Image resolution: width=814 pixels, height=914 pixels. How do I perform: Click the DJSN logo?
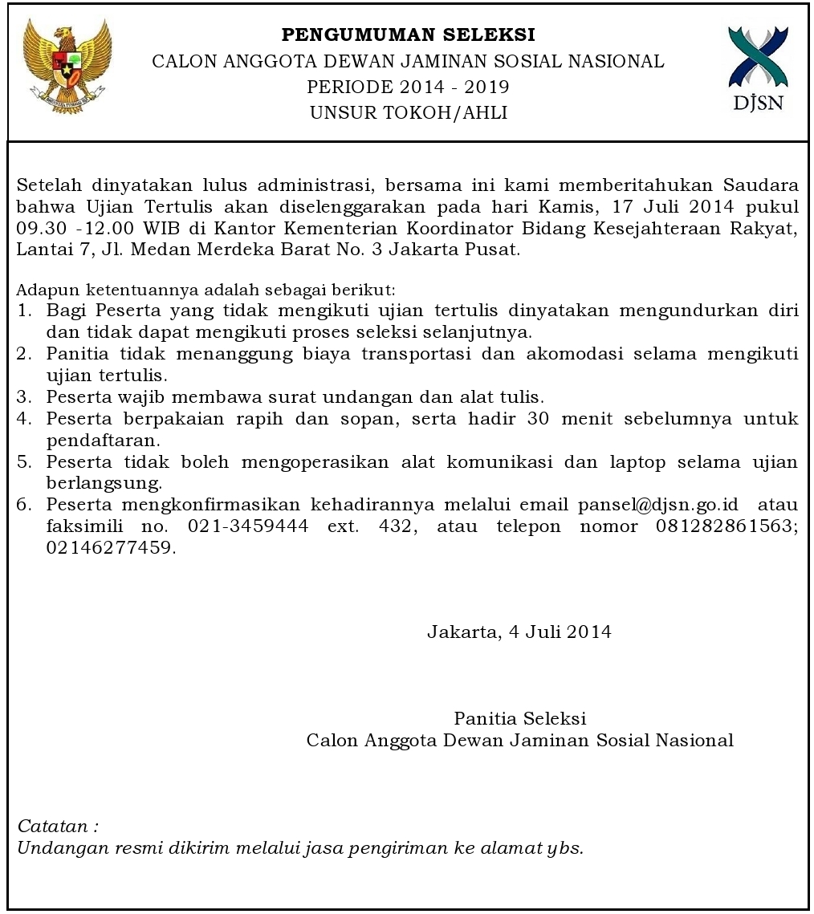click(759, 70)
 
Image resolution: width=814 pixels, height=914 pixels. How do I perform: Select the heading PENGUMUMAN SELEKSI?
click(408, 35)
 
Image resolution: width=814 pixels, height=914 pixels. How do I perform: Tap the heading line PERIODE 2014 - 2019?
click(408, 87)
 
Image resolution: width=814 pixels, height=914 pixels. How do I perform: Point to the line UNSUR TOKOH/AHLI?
click(408, 113)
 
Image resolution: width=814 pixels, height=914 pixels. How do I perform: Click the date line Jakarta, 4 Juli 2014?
click(519, 632)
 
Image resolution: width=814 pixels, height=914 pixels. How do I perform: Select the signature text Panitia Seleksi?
click(519, 717)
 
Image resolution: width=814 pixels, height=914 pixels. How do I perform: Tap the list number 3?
click(24, 396)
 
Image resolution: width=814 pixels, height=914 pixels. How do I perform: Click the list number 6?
click(24, 505)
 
